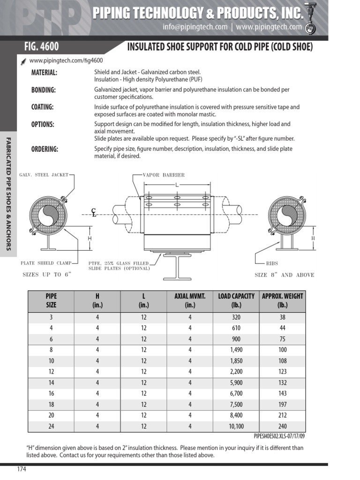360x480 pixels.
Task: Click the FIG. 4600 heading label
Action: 42,47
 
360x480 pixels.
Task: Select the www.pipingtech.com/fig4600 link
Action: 66,60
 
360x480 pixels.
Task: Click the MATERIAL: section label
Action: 44,72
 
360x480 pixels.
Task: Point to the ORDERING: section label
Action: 45,149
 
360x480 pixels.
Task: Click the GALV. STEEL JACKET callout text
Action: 44,175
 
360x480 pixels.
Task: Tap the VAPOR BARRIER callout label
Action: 164,175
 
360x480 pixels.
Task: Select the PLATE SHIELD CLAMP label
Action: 44,263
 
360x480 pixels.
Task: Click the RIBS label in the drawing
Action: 272,263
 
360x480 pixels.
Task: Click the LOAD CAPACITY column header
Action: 236,300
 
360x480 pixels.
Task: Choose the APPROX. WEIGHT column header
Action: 282,300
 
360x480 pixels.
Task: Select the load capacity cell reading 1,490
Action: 236,350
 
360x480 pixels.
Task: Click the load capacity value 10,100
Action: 236,426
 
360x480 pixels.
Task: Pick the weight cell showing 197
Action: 282,405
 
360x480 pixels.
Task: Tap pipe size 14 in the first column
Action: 51,382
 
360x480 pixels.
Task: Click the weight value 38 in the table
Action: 282,317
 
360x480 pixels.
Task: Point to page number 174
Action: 22,470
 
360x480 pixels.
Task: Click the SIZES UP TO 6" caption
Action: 46,275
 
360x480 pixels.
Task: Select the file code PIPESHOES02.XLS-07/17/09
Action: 279,436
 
